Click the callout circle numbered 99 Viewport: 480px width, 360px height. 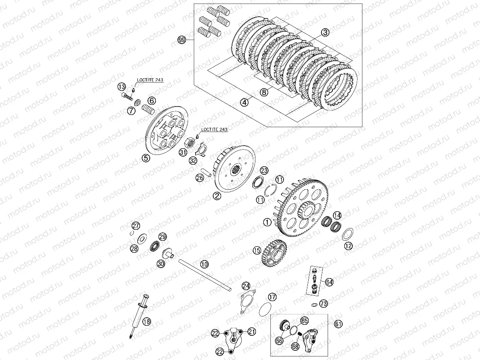[x=182, y=40]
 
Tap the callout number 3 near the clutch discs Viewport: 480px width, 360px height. [x=325, y=32]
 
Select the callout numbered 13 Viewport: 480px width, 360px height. [x=122, y=87]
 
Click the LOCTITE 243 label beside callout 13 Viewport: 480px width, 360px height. [x=150, y=80]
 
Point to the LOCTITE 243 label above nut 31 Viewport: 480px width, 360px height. [x=214, y=129]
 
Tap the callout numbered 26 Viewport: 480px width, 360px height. [x=200, y=178]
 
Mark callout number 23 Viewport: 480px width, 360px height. [x=264, y=171]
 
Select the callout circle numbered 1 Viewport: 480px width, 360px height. [x=267, y=222]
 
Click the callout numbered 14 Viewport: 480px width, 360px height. [x=337, y=215]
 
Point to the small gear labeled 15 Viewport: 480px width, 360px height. [x=274, y=253]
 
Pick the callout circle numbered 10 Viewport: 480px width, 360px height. [x=204, y=264]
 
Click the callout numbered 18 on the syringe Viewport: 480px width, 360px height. [x=147, y=321]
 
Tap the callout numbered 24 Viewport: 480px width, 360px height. [x=246, y=287]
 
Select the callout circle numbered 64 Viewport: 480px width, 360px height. [x=329, y=282]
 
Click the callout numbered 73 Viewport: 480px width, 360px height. [x=324, y=304]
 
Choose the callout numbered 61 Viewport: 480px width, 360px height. [x=338, y=324]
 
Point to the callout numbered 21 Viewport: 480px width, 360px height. [x=251, y=331]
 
